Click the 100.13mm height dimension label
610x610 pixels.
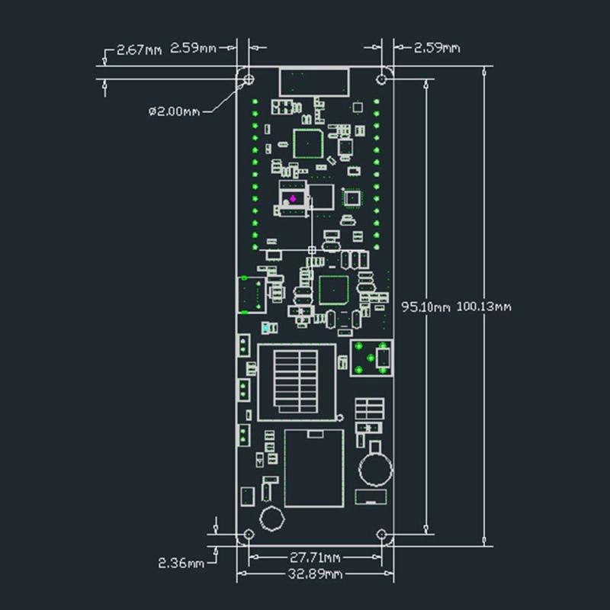tap(483, 307)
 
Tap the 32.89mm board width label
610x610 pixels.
tap(315, 573)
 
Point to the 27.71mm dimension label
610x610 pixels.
tap(315, 558)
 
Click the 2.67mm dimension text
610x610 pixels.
tap(139, 50)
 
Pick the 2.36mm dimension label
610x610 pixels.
tap(181, 563)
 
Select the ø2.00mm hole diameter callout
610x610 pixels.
tap(174, 111)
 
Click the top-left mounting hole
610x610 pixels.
tap(249, 78)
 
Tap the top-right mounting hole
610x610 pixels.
tap(384, 78)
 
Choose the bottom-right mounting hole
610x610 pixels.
tap(384, 535)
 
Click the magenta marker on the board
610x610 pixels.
tap(293, 198)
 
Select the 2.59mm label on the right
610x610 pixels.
tap(436, 48)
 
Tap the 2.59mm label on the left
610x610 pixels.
tap(194, 48)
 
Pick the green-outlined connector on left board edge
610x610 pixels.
tap(249, 295)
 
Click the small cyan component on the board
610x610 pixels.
tap(265, 329)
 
